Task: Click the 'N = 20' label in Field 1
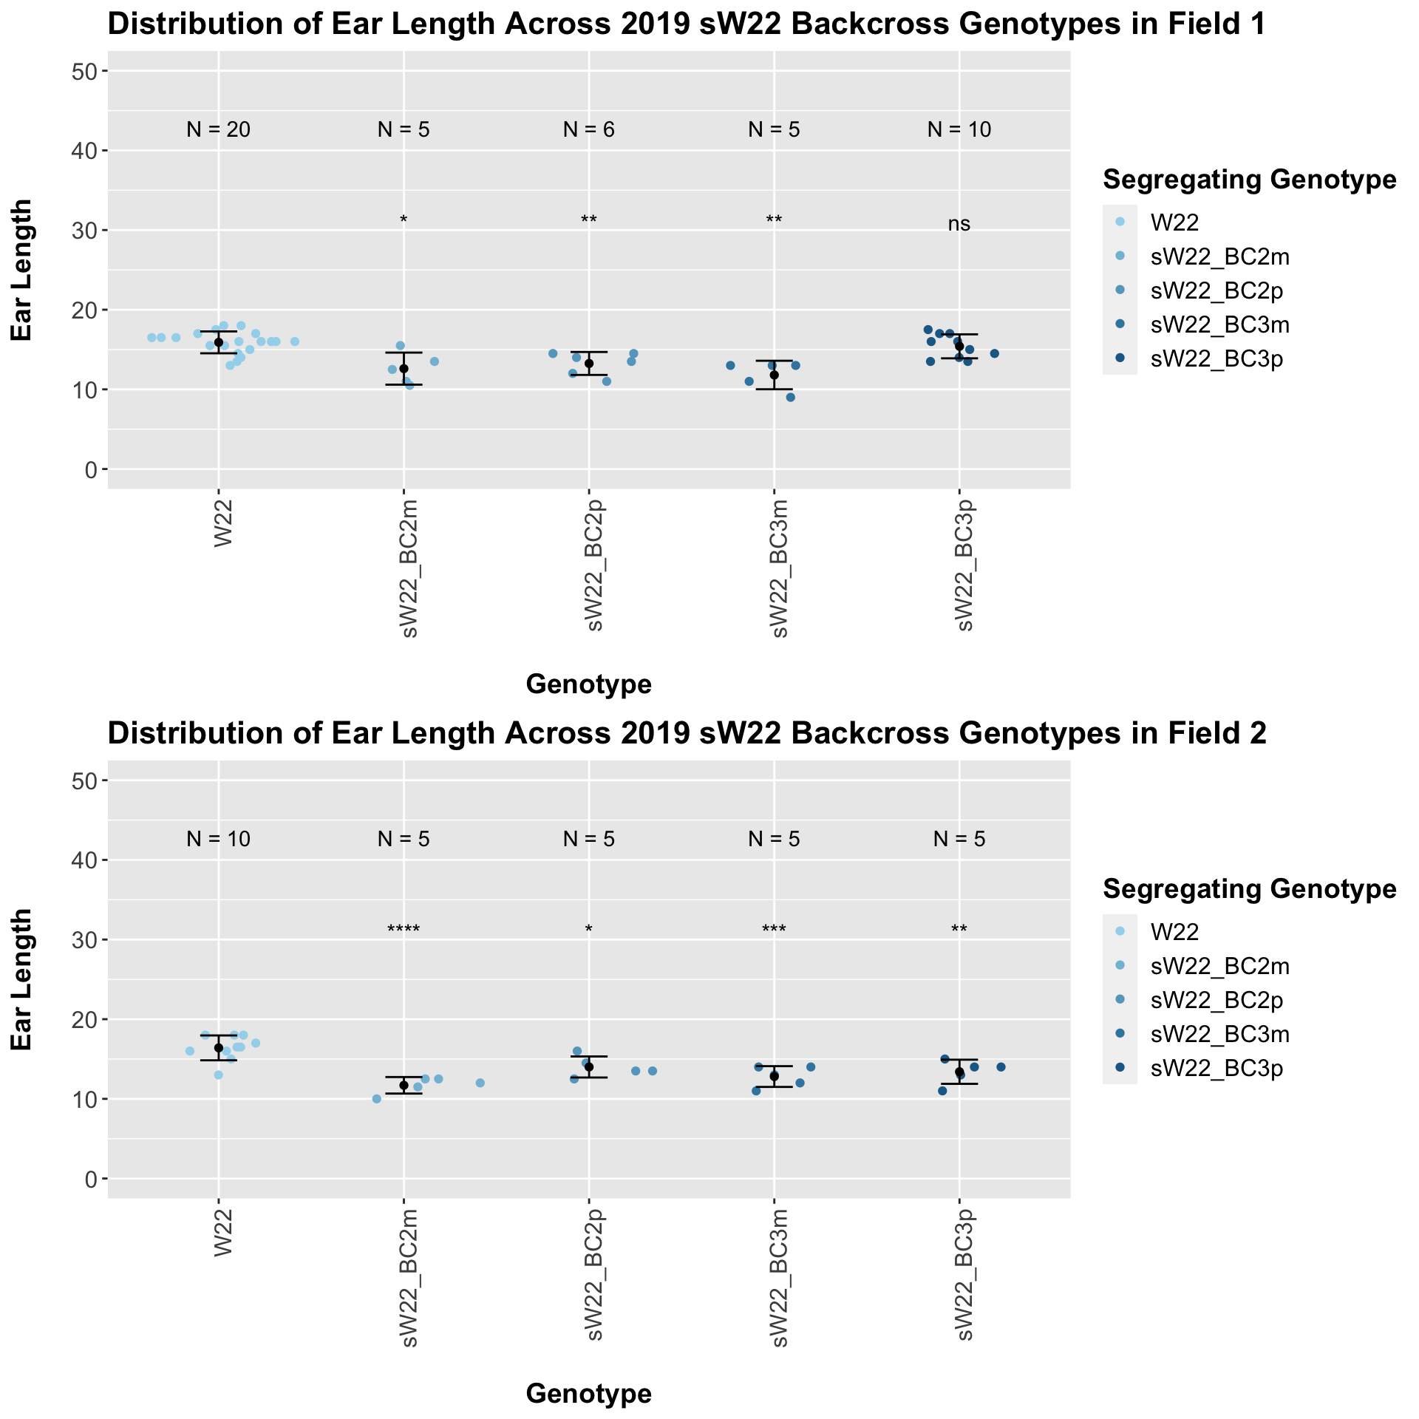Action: point(218,130)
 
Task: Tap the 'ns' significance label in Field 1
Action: point(959,224)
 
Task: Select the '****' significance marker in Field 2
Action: point(404,929)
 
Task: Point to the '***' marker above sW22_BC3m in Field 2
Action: point(774,929)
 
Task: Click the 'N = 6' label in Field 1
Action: point(588,130)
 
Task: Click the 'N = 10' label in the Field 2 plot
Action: point(218,839)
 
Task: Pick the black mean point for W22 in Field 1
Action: point(219,342)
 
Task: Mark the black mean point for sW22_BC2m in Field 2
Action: point(404,1085)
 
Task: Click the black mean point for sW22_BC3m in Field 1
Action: point(774,375)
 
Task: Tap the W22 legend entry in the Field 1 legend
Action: point(1174,222)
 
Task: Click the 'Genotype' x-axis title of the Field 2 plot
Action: point(588,1393)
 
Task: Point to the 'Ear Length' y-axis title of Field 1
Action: point(22,270)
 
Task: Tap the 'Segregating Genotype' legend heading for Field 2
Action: point(1249,888)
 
